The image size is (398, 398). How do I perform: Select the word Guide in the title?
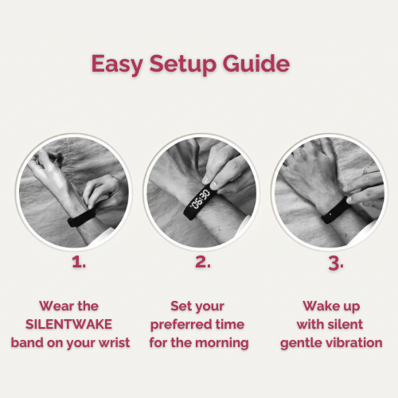[256, 64]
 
